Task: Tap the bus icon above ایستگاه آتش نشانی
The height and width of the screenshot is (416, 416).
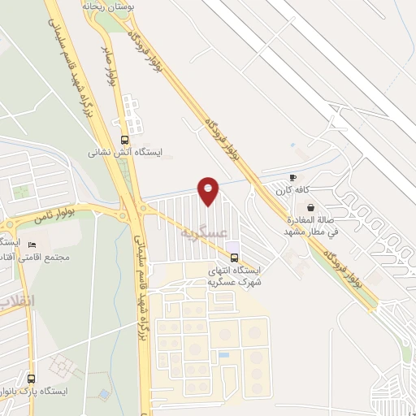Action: click(x=124, y=139)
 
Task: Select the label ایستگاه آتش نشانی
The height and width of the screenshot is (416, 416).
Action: click(x=125, y=151)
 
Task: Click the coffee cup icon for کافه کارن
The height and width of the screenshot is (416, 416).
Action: click(x=293, y=177)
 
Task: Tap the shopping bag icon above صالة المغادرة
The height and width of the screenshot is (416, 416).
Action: click(x=311, y=207)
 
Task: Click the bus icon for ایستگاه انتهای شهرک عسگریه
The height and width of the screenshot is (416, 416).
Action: click(x=235, y=259)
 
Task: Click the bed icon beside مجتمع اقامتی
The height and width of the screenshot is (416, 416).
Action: click(x=32, y=245)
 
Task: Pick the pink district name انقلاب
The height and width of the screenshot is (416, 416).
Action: click(x=16, y=301)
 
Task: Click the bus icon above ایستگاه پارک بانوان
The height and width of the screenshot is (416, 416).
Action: click(x=32, y=379)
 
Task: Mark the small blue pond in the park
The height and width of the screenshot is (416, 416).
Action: click(x=104, y=394)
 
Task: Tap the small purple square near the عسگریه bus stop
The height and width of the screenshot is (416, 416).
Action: click(x=232, y=247)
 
